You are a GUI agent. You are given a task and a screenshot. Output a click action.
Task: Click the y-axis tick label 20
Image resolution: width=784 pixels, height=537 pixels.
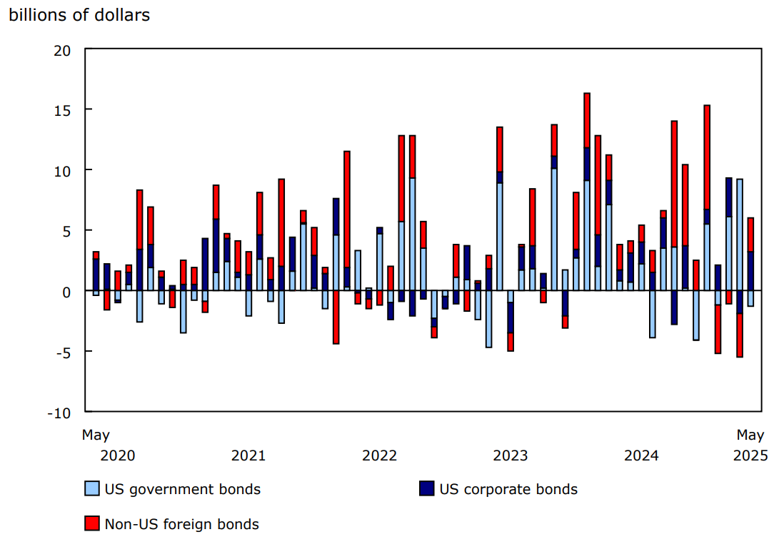click(62, 50)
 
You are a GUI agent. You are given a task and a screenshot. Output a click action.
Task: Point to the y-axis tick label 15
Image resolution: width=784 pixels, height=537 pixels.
click(62, 110)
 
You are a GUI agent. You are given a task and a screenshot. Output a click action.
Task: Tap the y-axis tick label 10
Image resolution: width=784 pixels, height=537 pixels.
click(62, 171)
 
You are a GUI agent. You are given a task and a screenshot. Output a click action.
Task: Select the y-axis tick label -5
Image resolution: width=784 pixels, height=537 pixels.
click(62, 353)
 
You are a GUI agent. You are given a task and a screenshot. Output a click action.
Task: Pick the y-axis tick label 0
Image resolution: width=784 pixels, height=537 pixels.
click(66, 292)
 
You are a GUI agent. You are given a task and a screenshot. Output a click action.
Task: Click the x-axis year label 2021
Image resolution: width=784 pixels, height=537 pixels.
click(248, 455)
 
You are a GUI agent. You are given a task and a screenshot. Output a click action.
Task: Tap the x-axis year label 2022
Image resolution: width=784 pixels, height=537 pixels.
click(379, 455)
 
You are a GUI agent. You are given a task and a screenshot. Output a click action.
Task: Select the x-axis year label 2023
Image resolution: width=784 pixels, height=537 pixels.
click(510, 455)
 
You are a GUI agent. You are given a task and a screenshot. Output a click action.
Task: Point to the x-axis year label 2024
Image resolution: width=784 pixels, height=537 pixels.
click(640, 455)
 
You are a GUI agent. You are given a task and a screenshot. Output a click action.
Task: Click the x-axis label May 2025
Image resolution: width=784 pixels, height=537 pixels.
click(750, 445)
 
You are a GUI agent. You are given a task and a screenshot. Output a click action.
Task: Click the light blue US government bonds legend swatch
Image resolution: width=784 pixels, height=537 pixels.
click(91, 489)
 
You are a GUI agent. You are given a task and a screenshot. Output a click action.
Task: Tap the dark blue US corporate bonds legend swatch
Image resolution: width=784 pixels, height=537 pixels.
click(426, 489)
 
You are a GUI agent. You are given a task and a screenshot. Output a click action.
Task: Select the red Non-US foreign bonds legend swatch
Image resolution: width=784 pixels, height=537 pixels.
click(91, 524)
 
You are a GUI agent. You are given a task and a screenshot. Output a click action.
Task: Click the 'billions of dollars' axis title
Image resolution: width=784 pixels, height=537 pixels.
click(79, 15)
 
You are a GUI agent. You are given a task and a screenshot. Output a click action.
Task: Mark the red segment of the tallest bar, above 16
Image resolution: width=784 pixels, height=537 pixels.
click(587, 119)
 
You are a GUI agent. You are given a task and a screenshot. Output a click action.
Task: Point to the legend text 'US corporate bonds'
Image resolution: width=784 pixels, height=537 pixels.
click(508, 490)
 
